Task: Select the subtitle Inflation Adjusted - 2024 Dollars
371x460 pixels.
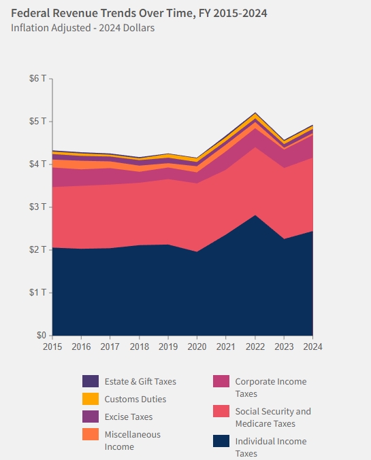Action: [82, 28]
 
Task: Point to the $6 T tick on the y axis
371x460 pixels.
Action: [38, 79]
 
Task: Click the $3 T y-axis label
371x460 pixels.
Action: [38, 207]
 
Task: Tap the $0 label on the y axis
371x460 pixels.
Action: [41, 336]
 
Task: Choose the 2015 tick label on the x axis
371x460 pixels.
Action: [52, 347]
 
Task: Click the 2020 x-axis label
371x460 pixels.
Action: [197, 347]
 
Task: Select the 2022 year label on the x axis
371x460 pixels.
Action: [255, 347]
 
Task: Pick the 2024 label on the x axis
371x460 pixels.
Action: [312, 347]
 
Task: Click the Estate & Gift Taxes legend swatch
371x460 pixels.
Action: [90, 381]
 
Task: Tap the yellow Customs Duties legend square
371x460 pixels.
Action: [90, 399]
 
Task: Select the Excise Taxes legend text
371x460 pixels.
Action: [128, 417]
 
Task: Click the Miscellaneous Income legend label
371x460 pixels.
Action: [133, 440]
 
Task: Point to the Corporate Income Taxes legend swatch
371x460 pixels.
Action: [221, 381]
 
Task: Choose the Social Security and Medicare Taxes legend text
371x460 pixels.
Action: [272, 417]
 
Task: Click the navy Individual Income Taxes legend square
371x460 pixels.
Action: [221, 441]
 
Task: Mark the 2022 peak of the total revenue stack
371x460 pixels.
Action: [255, 113]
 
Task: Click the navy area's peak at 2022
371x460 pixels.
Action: [255, 215]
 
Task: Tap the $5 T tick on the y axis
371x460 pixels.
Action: [38, 122]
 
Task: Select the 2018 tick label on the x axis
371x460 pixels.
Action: [139, 347]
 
